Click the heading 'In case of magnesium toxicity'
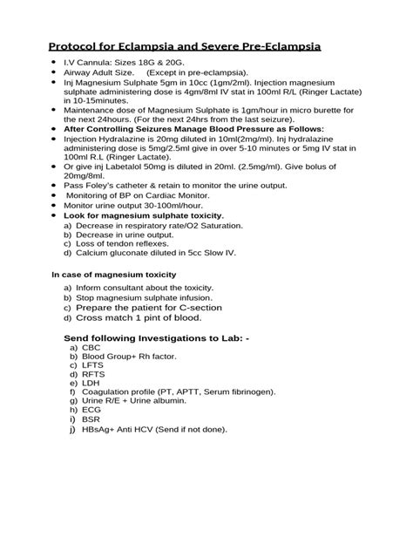113,275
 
